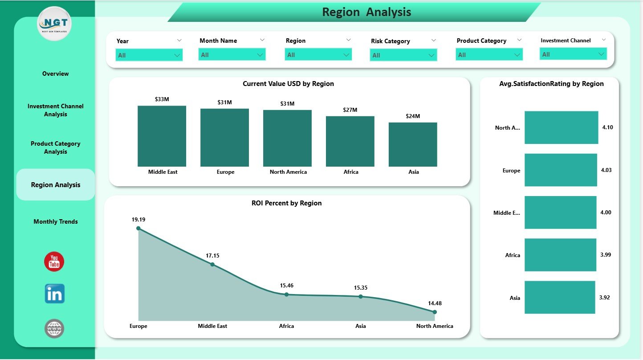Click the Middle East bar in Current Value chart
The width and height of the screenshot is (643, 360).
coord(162,136)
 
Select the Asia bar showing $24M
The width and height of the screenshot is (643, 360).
coord(413,144)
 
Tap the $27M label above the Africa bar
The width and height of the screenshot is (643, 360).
coord(350,110)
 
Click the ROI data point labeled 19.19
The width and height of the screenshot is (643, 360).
coord(138,228)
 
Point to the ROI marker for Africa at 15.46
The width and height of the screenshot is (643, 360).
coord(286,294)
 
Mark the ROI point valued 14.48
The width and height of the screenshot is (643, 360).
coord(435,312)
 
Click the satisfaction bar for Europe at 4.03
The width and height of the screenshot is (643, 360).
coord(561,170)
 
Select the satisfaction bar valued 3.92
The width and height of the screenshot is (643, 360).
coord(560,297)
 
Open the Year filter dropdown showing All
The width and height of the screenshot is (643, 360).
coord(149,55)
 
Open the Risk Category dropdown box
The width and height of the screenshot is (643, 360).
coord(403,55)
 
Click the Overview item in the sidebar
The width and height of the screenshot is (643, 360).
coord(56,74)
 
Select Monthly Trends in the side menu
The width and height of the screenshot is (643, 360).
coord(56,221)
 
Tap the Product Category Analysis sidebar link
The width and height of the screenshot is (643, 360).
coord(56,147)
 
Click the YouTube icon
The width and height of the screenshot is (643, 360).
coord(54,262)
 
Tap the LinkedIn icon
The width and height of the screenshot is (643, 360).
coord(55,294)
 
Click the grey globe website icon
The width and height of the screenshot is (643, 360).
coord(54,329)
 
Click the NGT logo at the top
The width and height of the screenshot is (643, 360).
coord(54,24)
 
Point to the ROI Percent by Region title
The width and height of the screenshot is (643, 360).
coord(286,203)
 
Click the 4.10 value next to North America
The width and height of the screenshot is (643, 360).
coord(607,127)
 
